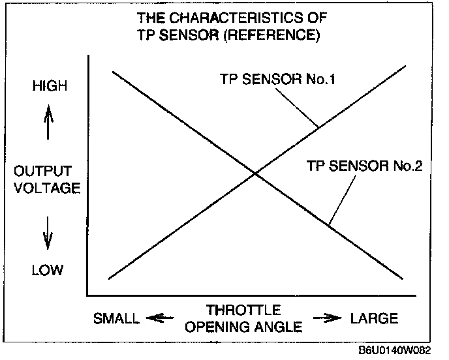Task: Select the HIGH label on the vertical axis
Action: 49,86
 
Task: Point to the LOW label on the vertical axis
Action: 48,269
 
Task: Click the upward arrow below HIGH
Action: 48,123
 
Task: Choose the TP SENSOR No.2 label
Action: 365,166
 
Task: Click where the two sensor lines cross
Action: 254,173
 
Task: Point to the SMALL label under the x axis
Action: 116,319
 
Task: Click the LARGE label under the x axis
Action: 374,318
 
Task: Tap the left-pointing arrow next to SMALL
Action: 159,318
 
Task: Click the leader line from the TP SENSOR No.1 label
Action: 298,107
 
